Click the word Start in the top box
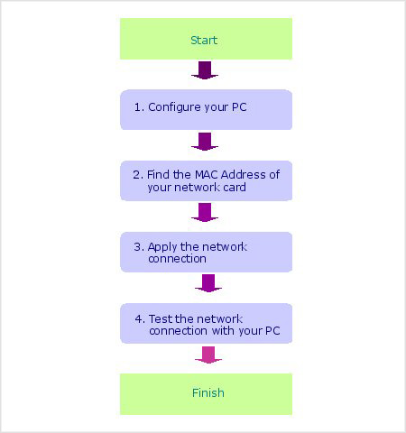(204, 41)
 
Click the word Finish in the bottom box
(208, 392)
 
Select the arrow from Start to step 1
(205, 70)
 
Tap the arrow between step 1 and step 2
(205, 142)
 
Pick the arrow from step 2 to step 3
(205, 213)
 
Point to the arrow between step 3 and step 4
(208, 283)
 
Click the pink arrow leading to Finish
(208, 355)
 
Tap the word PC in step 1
(239, 107)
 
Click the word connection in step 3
(177, 259)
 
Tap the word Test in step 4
(161, 318)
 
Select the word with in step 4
(223, 331)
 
